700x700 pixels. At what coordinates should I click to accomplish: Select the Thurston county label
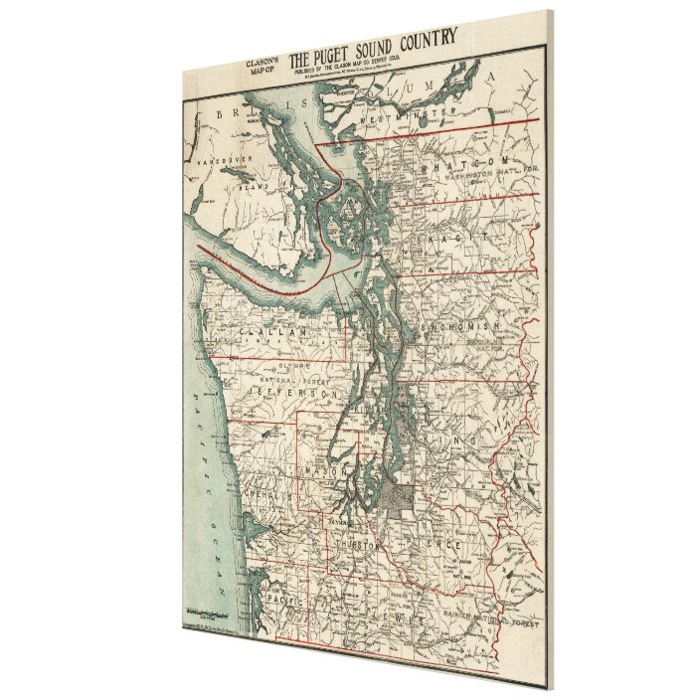pos(374,545)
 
